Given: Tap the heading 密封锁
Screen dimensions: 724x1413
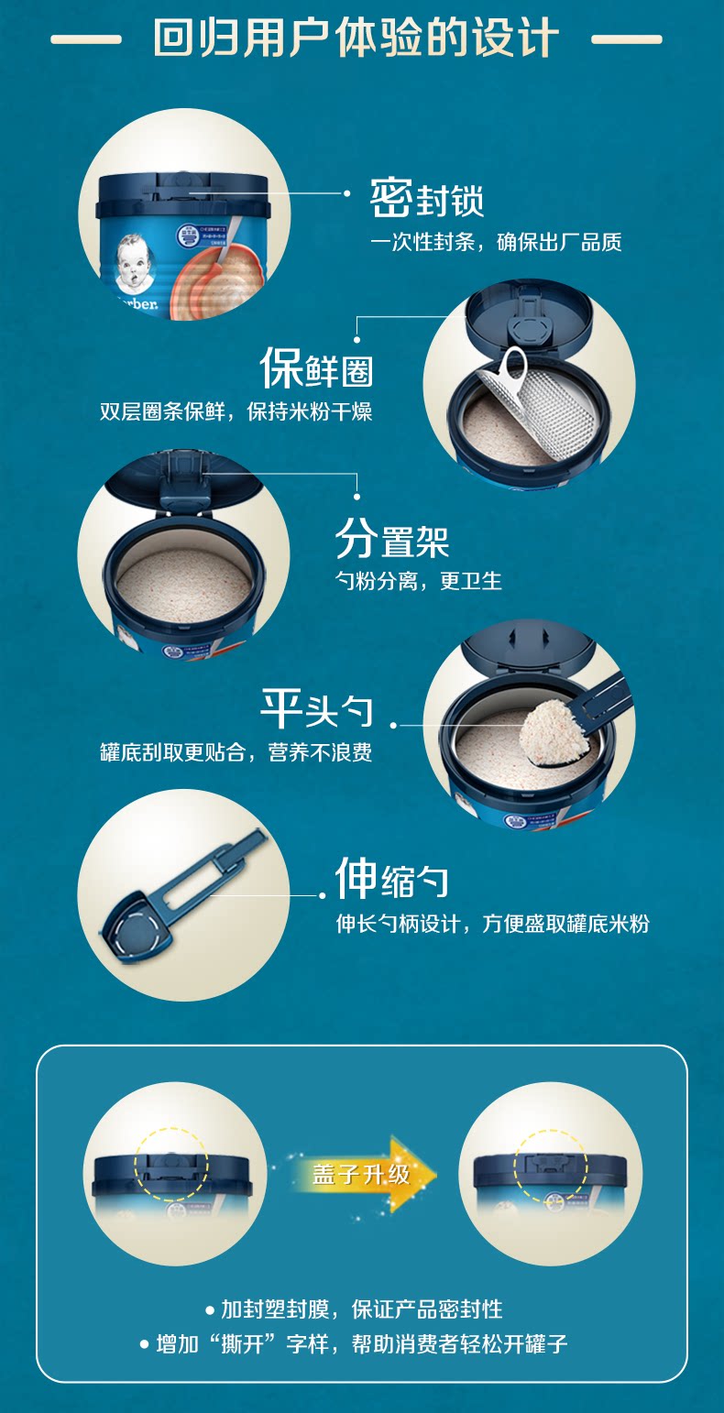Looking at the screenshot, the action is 427,198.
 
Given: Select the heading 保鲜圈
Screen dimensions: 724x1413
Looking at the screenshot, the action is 316,367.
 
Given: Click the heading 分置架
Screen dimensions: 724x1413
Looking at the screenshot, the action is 391,540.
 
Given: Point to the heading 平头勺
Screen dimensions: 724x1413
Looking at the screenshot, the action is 316,708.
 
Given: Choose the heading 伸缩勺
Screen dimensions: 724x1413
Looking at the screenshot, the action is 391,878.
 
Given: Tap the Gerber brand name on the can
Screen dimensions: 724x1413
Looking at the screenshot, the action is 137,303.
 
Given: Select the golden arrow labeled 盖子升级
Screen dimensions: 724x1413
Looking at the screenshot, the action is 364,1174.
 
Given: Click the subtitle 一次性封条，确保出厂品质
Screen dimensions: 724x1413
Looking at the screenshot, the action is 496,242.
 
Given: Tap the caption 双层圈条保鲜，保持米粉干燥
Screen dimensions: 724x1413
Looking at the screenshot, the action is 236,412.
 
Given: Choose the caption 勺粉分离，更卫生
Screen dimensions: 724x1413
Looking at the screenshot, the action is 418,580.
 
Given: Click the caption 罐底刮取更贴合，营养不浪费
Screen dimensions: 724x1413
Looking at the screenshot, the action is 236,752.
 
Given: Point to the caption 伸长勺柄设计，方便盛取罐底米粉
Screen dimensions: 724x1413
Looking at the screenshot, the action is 492,924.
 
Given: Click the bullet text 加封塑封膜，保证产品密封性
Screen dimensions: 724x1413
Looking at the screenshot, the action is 361,1309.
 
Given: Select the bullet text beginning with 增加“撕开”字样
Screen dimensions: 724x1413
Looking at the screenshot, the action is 361,1343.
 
